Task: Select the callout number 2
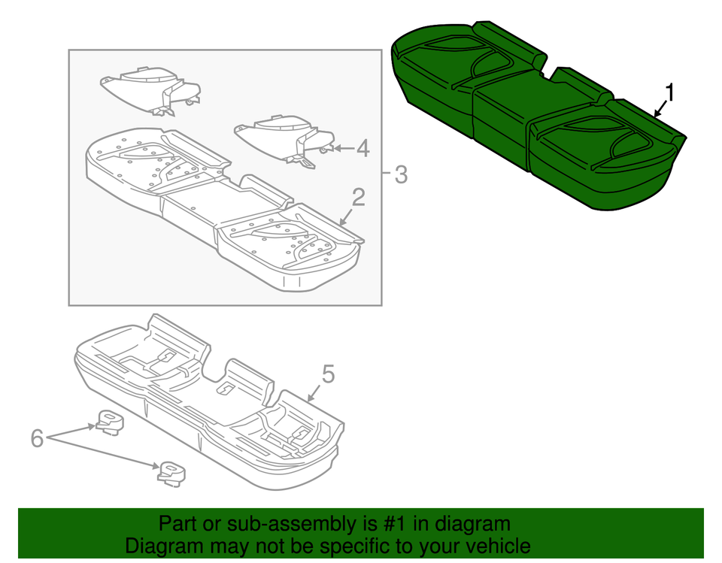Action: click(358, 198)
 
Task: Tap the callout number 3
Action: click(400, 175)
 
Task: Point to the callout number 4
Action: click(363, 149)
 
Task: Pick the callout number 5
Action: click(327, 374)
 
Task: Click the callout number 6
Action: click(37, 438)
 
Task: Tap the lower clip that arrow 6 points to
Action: click(169, 471)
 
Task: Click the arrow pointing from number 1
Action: click(660, 109)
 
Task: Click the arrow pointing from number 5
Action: click(314, 391)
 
